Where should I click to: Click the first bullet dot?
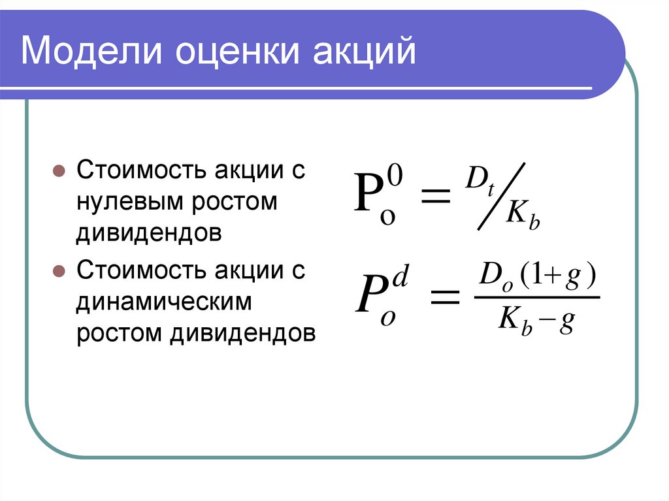pyautogui.click(x=57, y=172)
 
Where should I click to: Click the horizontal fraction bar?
pyautogui.click(x=536, y=298)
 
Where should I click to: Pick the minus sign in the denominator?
pyautogui.click(x=547, y=322)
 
